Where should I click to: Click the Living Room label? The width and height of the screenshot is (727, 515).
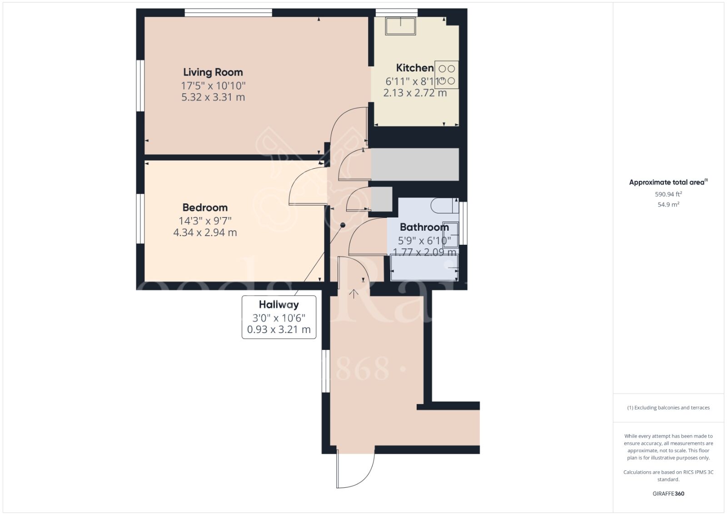point(213,72)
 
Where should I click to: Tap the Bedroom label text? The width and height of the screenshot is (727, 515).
point(205,207)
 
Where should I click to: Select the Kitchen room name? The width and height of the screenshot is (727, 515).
point(414,68)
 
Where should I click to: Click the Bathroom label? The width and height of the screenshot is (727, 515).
point(424,227)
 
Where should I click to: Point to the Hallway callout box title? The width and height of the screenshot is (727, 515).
point(279,305)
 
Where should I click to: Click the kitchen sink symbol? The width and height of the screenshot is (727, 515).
point(400,26)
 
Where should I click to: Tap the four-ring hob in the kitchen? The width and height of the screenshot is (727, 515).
point(446,75)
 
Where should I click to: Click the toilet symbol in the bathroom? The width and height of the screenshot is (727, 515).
point(443,206)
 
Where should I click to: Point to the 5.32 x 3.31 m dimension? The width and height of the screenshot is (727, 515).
point(213,97)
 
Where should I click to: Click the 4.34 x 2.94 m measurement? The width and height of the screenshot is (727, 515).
point(205,232)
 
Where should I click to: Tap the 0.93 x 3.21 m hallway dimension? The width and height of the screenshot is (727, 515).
point(279,329)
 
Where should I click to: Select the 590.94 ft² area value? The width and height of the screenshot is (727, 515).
point(668,194)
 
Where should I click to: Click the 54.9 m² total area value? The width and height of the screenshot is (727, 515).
point(668,205)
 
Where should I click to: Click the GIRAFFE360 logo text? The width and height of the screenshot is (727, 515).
point(668,494)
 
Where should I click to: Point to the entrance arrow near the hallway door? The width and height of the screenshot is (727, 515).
point(354,293)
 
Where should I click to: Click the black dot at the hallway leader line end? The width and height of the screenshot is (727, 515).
point(343,225)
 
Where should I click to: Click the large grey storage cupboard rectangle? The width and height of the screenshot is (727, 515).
point(415,164)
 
